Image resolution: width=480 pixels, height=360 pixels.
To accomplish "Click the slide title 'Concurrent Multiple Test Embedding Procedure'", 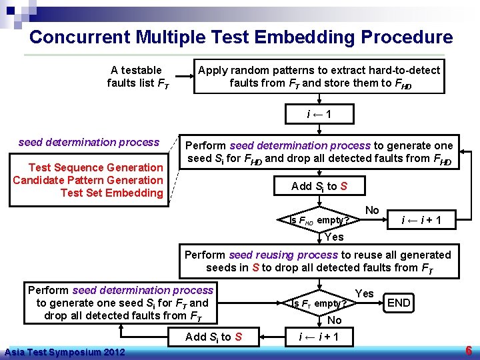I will (x=241, y=37).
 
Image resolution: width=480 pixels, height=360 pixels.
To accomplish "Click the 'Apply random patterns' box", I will (x=319, y=77).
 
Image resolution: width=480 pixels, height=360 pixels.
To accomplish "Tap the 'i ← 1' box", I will (x=319, y=115).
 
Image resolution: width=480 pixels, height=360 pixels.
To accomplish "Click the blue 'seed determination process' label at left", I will (x=89, y=142).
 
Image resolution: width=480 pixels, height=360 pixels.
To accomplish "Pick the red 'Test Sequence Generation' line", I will (x=95, y=167).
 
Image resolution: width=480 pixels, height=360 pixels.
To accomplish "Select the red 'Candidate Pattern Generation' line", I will (x=87, y=180).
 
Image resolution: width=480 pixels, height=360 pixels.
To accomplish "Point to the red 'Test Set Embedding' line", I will (x=111, y=193).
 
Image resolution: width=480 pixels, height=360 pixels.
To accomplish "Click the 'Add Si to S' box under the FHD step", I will (x=319, y=186).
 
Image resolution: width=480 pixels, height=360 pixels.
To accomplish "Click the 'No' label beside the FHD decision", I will (x=372, y=210).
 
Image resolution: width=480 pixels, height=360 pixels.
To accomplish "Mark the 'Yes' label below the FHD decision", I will (x=333, y=237).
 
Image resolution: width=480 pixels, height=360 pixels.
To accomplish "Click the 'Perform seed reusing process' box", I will (x=319, y=261).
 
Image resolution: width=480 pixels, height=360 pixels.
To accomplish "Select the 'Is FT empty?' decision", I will (x=319, y=303).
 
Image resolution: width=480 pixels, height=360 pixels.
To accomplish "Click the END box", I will (x=399, y=303).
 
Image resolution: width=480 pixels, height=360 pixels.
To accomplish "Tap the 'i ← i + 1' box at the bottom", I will (x=319, y=337).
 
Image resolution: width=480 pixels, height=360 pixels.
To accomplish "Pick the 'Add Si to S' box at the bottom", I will (x=213, y=337).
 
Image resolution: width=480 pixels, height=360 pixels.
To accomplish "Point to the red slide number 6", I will (x=469, y=351).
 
